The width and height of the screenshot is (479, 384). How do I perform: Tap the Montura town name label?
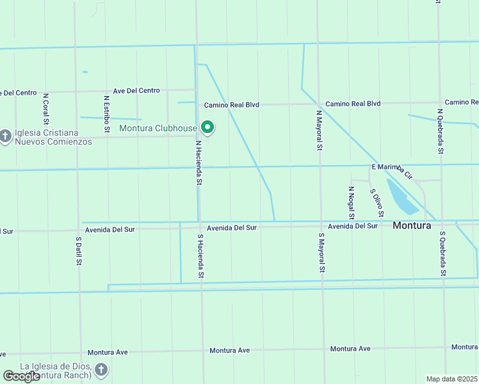coord(412,225)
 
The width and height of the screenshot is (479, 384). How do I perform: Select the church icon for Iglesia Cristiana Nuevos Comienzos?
coord(6,136)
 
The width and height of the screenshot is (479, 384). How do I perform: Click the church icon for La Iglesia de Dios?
coord(101,370)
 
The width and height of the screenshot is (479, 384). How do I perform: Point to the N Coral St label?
coord(46,109)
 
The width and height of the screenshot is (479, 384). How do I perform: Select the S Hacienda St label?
coord(200,257)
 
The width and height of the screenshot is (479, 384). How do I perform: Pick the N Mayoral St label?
coord(319,129)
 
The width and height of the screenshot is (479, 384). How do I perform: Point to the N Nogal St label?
coord(351,202)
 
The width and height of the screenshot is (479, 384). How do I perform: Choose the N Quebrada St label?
coord(441,131)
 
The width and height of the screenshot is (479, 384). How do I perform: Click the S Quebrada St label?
coord(442,254)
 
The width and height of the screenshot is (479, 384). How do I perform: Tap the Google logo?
coord(21,376)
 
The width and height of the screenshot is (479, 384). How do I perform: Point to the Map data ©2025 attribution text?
coord(452,379)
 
